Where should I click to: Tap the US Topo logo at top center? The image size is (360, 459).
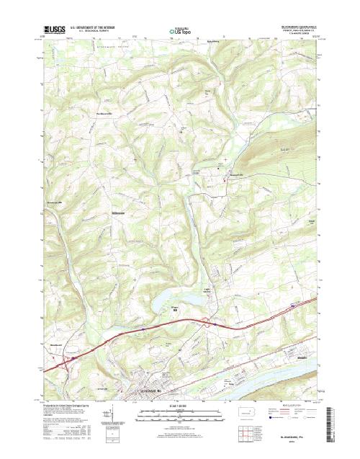click(180, 32)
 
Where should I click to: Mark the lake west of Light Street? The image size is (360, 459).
click(169, 299)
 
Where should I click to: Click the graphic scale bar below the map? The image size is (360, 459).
click(180, 413)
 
